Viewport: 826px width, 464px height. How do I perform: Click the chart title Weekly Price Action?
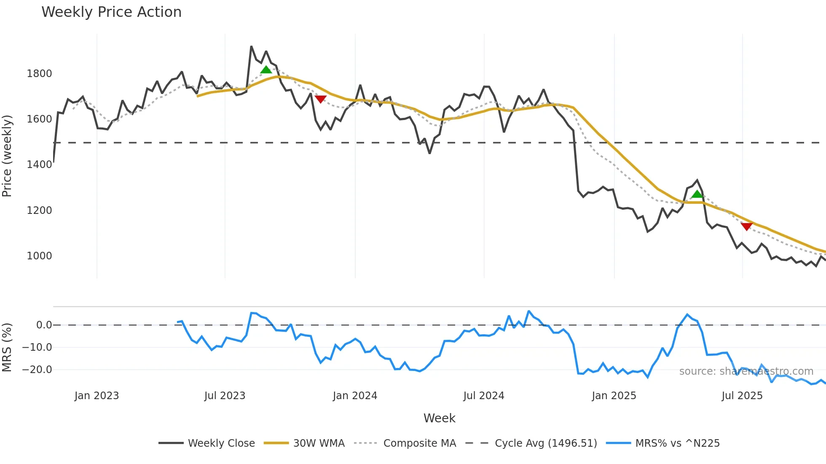click(x=111, y=12)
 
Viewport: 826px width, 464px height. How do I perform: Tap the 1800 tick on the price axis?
click(x=39, y=74)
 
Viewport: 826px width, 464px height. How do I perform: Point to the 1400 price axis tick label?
click(x=39, y=165)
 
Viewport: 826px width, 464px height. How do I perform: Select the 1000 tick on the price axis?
click(x=39, y=256)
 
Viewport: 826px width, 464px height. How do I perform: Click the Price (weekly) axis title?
click(x=7, y=156)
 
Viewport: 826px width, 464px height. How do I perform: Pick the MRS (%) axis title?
click(x=7, y=347)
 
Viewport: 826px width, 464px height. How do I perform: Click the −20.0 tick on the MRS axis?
click(x=37, y=370)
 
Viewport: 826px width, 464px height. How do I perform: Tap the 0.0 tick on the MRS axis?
click(x=44, y=325)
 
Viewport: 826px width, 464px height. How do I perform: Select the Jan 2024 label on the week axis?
click(x=355, y=396)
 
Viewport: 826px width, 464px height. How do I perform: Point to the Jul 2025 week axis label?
click(x=742, y=396)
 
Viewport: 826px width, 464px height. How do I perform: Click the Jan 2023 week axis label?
click(x=97, y=396)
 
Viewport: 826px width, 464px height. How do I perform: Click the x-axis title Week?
click(x=439, y=418)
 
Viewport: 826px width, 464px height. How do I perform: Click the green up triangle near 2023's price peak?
click(x=266, y=70)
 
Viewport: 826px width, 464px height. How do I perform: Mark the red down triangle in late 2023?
click(x=321, y=99)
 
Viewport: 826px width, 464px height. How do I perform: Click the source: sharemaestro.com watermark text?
click(x=746, y=371)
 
